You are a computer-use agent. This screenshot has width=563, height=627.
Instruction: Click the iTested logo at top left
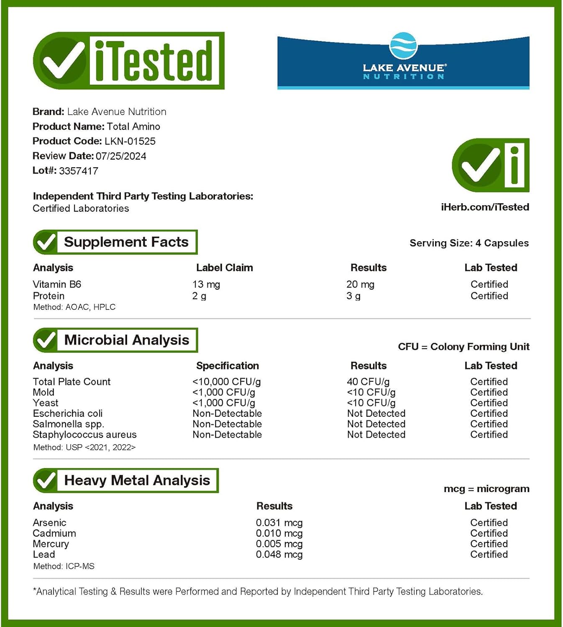pos(129,61)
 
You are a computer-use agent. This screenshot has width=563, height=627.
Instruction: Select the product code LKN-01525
pos(130,141)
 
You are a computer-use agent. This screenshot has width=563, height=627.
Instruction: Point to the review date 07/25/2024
pos(121,156)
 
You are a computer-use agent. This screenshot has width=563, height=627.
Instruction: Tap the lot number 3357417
pos(79,171)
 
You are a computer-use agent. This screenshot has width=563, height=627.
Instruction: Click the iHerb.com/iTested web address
pos(485,207)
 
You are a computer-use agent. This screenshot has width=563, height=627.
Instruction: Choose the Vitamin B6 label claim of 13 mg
pos(206,285)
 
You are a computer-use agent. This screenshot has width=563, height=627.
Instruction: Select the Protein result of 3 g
pos(353,296)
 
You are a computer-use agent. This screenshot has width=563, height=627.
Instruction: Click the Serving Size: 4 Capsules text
pos(469,243)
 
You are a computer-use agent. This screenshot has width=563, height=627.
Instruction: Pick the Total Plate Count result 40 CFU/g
pos(368,382)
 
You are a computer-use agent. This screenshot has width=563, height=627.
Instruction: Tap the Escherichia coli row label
pos(68,413)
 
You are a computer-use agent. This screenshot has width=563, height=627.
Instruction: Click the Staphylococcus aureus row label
pos(84,435)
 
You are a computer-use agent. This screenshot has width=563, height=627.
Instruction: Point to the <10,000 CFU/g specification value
pos(227,382)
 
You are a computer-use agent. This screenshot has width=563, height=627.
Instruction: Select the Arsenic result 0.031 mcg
pos(279,523)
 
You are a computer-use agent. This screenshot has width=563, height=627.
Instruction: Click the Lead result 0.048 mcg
pos(279,555)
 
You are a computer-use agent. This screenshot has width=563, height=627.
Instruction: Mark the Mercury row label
pos(51,544)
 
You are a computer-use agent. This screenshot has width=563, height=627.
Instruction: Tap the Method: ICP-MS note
pos(64,566)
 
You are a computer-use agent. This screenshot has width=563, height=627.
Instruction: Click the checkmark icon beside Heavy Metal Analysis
pos(45,481)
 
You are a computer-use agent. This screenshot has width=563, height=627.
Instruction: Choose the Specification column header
pos(228,366)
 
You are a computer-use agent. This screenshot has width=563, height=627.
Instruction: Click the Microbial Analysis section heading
pos(126,340)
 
